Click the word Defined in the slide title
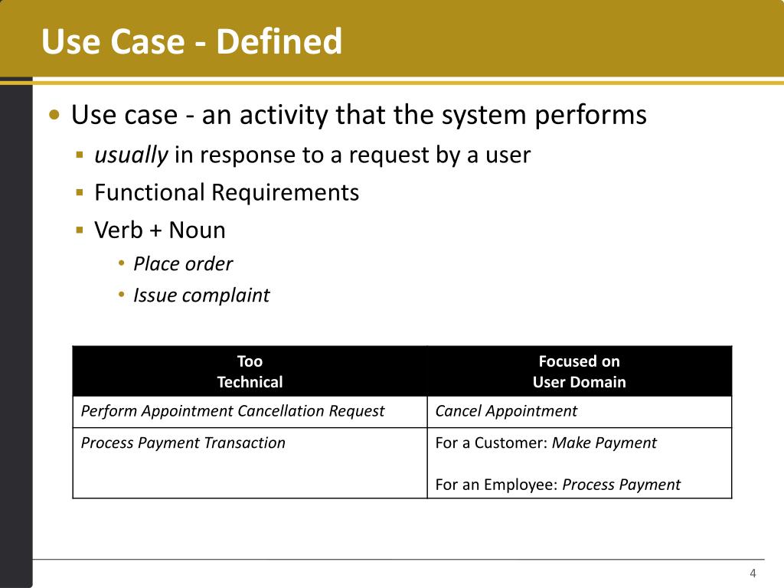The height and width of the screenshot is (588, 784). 279,41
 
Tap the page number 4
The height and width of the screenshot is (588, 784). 753,574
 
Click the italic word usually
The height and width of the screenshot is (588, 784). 131,155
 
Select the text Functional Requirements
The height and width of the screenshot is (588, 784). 227,192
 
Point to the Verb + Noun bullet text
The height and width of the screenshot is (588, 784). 160,230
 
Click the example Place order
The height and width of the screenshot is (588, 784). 182,264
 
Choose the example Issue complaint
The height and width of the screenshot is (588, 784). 201,296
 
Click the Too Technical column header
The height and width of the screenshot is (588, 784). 250,371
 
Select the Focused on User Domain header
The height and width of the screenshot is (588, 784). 579,371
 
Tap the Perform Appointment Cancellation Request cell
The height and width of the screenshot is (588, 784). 233,411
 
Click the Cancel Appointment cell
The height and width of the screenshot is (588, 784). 506,411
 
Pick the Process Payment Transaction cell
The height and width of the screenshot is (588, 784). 183,443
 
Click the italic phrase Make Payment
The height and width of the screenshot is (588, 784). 604,443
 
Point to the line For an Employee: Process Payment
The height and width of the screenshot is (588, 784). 557,485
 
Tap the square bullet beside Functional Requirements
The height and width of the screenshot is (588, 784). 80,192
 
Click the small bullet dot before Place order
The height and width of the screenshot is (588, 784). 122,264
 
